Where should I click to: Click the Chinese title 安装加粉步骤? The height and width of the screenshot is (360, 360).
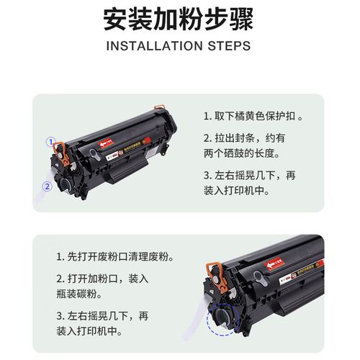click(179, 20)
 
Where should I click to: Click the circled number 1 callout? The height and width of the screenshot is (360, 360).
click(50, 141)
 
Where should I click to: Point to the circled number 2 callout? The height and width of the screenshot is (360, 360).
click(47, 186)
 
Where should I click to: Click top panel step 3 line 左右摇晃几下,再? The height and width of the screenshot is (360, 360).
click(249, 175)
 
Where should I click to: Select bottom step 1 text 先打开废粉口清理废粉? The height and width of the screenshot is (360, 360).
click(114, 257)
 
